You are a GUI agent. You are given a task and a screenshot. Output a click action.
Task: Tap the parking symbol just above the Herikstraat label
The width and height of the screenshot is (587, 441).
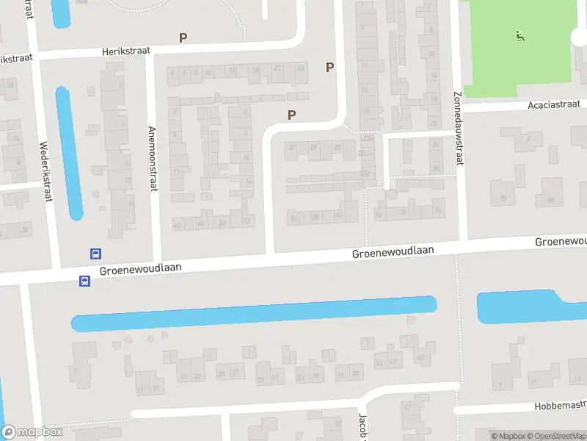pyautogui.click(x=183, y=37)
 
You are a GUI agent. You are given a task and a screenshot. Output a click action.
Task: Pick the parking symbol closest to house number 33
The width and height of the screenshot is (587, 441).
pyautogui.click(x=292, y=115)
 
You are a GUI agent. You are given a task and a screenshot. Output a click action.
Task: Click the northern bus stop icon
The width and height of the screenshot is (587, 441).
pyautogui.click(x=95, y=254)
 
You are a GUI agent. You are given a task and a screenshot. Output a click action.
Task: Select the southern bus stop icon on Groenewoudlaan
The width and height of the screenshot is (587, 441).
pyautogui.click(x=84, y=281)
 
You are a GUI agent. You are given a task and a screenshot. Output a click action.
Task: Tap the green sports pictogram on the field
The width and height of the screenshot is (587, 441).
pyautogui.click(x=519, y=35)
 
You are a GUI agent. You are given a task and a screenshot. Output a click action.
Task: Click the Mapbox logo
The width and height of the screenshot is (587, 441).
pyautogui.click(x=32, y=432)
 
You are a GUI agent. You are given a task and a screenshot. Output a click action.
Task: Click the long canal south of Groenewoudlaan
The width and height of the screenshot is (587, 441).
pyautogui.click(x=253, y=313)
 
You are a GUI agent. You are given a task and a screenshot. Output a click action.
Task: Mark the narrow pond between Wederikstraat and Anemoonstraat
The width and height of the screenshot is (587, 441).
pyautogui.click(x=69, y=153)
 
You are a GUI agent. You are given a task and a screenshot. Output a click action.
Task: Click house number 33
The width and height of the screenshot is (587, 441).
pyautogui.click(x=292, y=148)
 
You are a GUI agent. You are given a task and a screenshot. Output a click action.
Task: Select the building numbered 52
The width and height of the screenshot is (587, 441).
pyautogui.click(x=247, y=221)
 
